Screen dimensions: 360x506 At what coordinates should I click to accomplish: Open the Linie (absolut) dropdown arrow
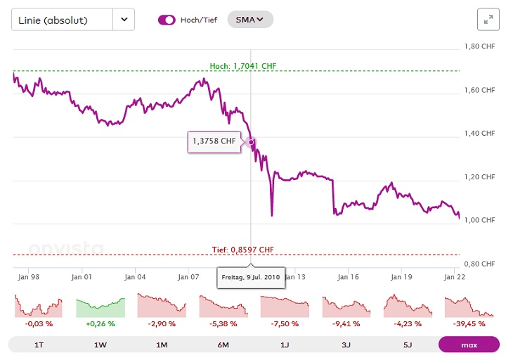[124, 20]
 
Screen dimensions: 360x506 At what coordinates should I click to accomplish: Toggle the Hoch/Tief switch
[167, 20]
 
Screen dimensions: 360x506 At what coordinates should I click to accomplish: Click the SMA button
[249, 20]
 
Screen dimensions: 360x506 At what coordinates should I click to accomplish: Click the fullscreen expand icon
[487, 20]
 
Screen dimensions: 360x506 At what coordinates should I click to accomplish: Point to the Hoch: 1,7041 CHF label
[243, 66]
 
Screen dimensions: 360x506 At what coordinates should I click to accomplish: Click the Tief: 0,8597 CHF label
[242, 250]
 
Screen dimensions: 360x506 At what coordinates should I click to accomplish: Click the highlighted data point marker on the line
[251, 142]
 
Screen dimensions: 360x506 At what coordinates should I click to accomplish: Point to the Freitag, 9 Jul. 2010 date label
[251, 277]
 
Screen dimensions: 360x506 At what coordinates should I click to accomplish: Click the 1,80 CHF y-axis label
[480, 46]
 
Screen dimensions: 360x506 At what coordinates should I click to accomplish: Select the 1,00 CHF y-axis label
[480, 220]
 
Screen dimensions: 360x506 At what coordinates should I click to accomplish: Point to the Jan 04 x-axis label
[135, 277]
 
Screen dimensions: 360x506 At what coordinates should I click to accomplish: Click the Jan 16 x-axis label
[349, 277]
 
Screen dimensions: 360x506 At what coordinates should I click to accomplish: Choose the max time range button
[469, 345]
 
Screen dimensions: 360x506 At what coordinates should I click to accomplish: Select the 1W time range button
[100, 345]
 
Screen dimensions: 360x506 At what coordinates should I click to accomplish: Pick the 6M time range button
[223, 345]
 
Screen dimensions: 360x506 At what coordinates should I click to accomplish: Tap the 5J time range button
[407, 345]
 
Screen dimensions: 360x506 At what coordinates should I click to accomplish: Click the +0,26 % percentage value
[100, 324]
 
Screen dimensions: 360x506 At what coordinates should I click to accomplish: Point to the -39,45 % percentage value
[469, 324]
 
